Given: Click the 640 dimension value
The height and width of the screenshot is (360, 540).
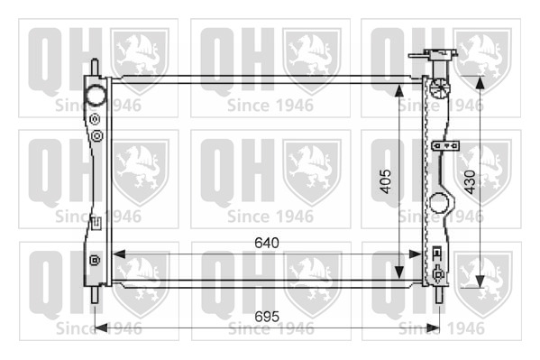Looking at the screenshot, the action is (x=267, y=243).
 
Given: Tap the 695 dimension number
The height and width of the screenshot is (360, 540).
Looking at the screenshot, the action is (x=267, y=317).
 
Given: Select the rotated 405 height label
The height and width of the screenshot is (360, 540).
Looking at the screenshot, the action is (x=385, y=181).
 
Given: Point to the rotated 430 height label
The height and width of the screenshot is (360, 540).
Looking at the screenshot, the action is (x=470, y=181).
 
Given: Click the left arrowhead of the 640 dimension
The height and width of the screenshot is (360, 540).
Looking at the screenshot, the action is (x=119, y=254).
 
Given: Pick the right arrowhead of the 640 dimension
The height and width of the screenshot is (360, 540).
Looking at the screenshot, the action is (x=415, y=254).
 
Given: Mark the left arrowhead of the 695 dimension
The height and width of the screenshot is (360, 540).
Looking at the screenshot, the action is (x=101, y=328).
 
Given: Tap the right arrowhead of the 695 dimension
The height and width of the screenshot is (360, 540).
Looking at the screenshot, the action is (x=434, y=328).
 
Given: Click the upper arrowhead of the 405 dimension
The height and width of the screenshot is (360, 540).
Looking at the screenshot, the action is (x=398, y=90).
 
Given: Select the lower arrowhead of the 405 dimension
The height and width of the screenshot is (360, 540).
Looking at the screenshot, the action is (x=398, y=272).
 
